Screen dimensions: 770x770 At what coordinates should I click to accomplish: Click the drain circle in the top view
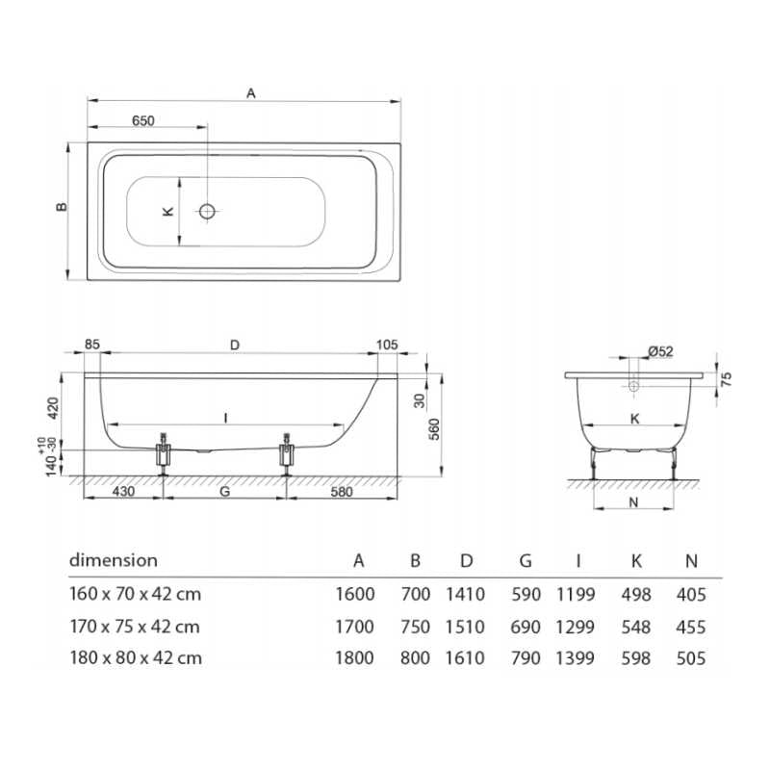207,211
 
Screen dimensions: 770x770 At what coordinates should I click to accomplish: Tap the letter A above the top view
250,93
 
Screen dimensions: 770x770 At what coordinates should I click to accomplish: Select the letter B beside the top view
60,208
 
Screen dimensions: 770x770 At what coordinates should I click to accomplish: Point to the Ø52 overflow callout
660,353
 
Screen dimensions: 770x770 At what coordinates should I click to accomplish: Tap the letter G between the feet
224,492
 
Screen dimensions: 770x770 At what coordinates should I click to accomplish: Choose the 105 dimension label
387,344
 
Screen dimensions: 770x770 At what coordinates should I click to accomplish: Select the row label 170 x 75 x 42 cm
135,627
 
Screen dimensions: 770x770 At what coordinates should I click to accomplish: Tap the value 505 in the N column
690,658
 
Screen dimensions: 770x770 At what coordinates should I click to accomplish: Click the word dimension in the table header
113,559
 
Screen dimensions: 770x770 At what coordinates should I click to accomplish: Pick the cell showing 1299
576,627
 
